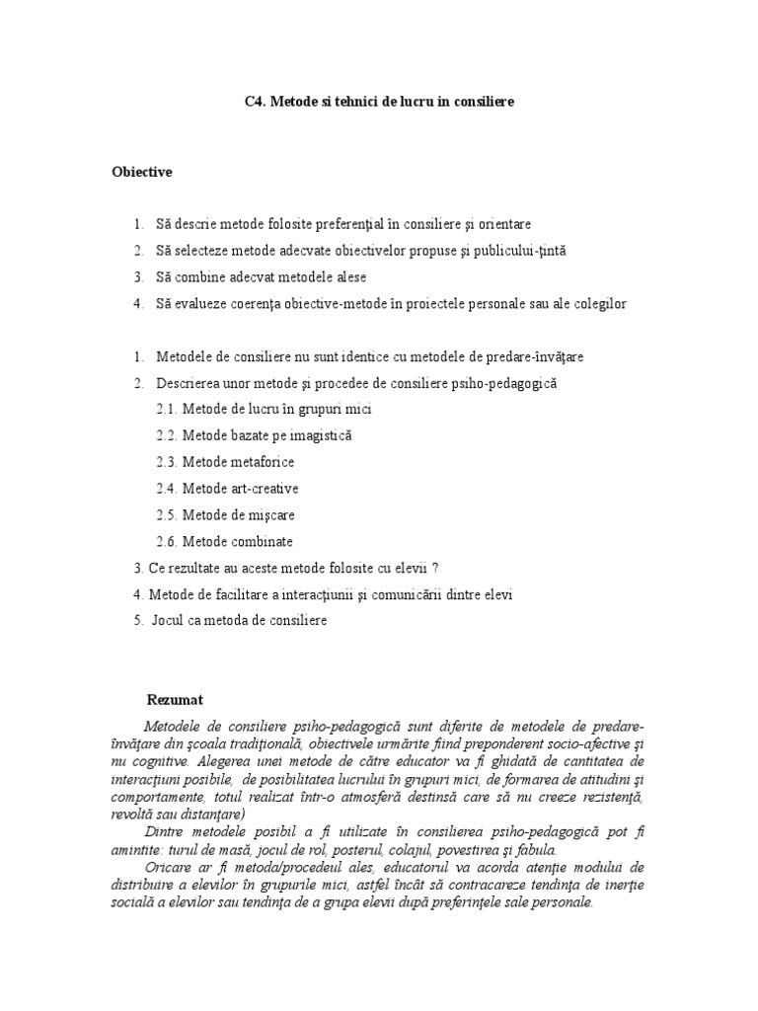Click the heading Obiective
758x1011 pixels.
point(141,172)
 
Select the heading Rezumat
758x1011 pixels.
point(175,699)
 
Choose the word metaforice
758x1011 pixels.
point(262,462)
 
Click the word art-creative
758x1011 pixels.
point(264,489)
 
